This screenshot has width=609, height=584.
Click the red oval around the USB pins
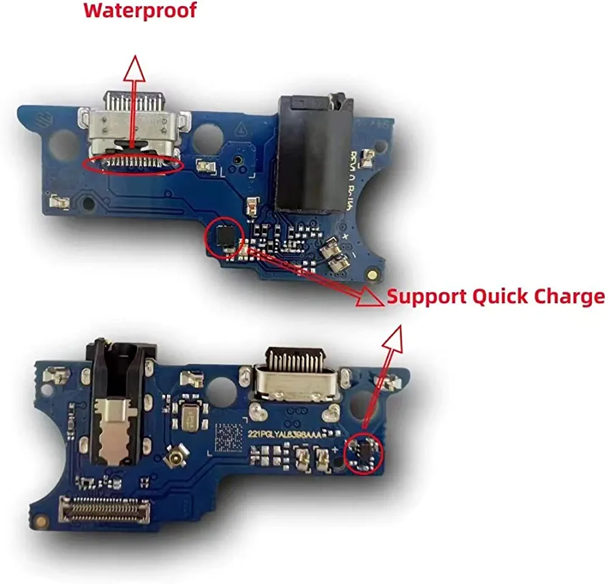point(131,164)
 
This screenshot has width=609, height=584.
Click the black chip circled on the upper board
point(223,235)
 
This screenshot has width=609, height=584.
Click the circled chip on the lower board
point(364,452)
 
